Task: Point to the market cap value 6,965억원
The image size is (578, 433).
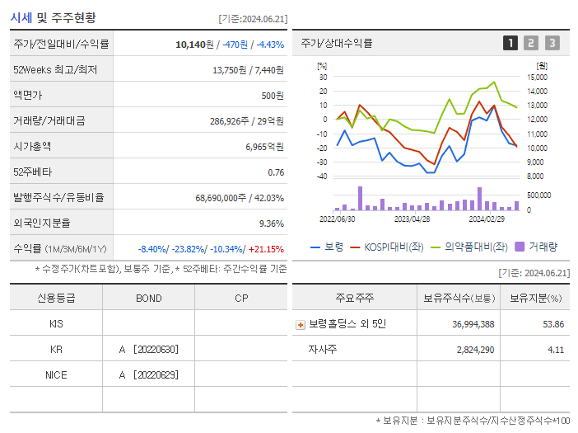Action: pyautogui.click(x=264, y=147)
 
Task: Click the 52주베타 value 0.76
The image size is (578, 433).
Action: pyautogui.click(x=276, y=172)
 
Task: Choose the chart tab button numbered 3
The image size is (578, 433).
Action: pyautogui.click(x=552, y=44)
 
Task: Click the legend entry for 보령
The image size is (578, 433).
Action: pyautogui.click(x=328, y=247)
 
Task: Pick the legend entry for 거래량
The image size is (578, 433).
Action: pyautogui.click(x=536, y=247)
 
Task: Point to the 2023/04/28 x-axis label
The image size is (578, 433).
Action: pyautogui.click(x=412, y=219)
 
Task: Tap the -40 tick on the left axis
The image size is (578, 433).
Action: pyautogui.click(x=322, y=176)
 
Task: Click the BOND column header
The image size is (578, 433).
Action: pyautogui.click(x=148, y=299)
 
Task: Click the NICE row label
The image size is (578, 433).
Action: pyautogui.click(x=56, y=375)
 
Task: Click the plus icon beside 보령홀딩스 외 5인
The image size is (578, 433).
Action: pyautogui.click(x=301, y=324)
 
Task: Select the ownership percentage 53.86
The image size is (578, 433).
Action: pyautogui.click(x=553, y=324)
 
